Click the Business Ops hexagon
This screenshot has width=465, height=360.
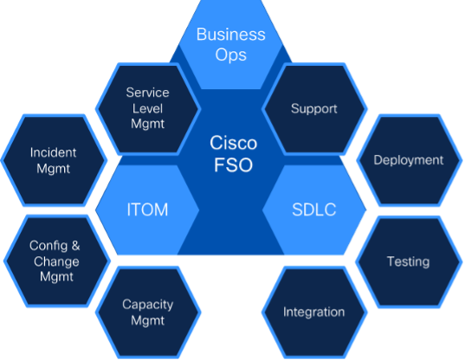click(231, 44)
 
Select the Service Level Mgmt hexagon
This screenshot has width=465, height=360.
click(147, 107)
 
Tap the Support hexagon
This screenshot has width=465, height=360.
click(313, 109)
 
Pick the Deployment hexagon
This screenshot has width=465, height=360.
click(408, 160)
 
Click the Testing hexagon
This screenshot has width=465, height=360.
click(408, 261)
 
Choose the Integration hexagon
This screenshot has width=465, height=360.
click(313, 312)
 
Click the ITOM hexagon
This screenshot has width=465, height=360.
click(147, 210)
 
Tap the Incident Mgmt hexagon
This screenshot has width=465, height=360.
click(53, 160)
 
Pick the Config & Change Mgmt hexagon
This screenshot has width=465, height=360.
click(54, 261)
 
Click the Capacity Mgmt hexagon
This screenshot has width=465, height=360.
click(147, 312)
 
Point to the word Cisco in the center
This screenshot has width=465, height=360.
click(232, 142)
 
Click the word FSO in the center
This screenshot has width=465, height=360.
click(232, 164)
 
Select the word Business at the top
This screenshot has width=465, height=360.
click(231, 35)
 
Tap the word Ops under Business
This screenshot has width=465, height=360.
click(231, 56)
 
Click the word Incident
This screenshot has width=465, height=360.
click(53, 152)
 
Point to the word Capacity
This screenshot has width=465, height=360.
click(147, 304)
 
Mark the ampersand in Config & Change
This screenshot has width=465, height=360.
click(74, 246)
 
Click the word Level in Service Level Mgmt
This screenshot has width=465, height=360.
click(147, 107)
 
